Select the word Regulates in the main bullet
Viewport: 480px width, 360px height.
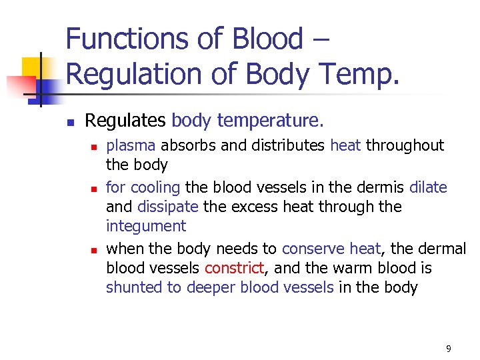point(125,121)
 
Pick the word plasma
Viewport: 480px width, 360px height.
point(131,145)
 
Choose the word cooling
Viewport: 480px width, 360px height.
point(155,187)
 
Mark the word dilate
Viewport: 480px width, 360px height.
point(428,187)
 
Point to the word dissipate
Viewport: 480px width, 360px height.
point(167,207)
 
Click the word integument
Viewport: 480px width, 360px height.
point(146,227)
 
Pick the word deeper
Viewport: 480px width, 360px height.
point(211,287)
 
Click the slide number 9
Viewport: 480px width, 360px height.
point(449,348)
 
